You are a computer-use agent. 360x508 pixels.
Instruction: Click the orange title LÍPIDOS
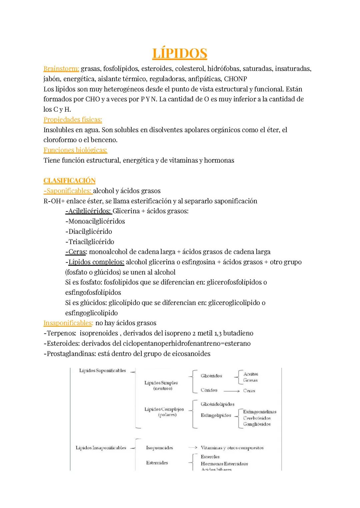(x=180, y=54)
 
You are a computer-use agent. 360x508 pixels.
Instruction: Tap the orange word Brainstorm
(x=61, y=69)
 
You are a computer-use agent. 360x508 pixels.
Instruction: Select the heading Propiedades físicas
(x=73, y=120)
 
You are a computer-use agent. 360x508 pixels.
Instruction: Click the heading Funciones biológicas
(x=75, y=150)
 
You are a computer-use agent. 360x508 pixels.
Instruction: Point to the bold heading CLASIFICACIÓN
(x=69, y=181)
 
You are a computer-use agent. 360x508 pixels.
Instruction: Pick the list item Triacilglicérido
(x=90, y=242)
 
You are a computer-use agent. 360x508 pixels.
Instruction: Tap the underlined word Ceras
(x=77, y=252)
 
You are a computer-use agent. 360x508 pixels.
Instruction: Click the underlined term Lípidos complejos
(x=96, y=262)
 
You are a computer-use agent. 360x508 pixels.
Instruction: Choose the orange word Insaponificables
(x=68, y=323)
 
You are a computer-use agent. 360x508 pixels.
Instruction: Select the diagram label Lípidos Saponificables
(x=102, y=370)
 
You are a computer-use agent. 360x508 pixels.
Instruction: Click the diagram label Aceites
(x=250, y=374)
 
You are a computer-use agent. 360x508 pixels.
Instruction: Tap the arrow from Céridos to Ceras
(x=231, y=391)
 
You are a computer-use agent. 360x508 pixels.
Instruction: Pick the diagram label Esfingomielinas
(x=259, y=412)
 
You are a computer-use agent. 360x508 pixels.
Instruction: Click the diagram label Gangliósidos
(x=257, y=424)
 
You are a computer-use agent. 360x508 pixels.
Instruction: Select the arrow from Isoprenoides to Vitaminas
(x=193, y=448)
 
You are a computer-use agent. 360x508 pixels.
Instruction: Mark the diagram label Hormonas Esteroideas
(x=224, y=464)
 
